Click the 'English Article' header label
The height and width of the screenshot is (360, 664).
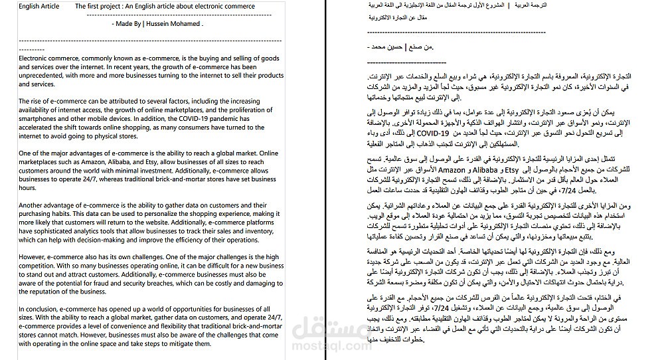(x=38, y=7)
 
